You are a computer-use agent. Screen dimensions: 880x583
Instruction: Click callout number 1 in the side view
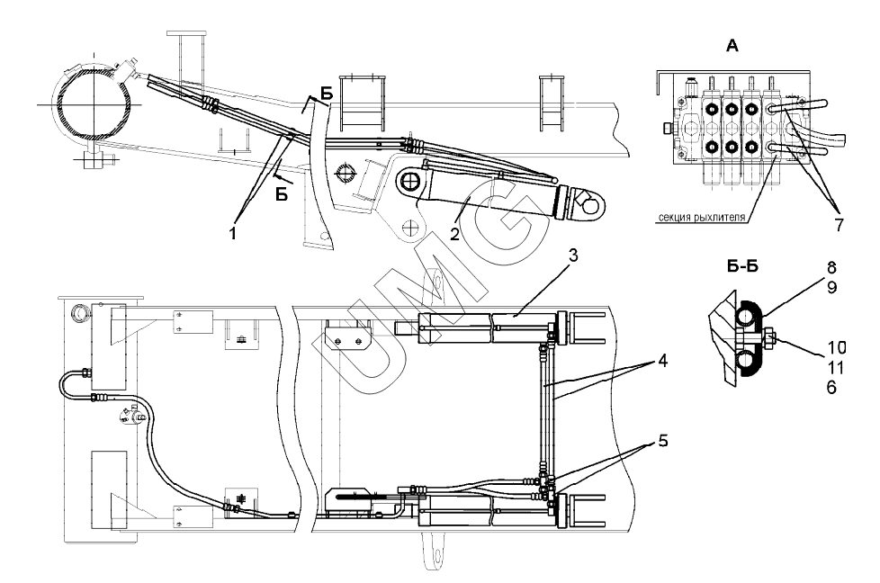click(233, 232)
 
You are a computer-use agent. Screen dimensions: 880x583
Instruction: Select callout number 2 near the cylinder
click(454, 233)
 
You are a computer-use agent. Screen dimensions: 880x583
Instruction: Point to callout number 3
click(572, 256)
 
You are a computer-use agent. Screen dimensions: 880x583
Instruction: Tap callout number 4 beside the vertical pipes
click(663, 362)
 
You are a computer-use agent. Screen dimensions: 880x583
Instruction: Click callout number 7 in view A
click(839, 225)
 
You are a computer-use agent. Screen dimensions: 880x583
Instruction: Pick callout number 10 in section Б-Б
click(836, 348)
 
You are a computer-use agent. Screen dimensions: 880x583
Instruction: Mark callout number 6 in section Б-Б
click(831, 387)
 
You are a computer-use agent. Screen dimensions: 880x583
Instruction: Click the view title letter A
click(732, 46)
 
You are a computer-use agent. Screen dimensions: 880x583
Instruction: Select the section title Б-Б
click(742, 266)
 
